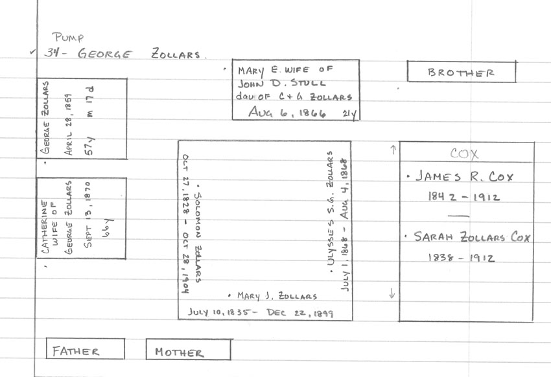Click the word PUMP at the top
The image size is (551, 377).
pos(68,37)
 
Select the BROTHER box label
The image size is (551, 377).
pos(461,73)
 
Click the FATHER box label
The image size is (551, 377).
pos(76,351)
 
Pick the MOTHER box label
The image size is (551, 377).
pos(178,352)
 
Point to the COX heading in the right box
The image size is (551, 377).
pos(464,154)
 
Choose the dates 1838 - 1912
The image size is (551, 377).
pos(462,258)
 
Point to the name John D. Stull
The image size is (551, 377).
pos(281,84)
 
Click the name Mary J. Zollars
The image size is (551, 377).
pos(277,296)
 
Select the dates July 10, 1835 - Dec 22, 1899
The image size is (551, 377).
pos(261,312)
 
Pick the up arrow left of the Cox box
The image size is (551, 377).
pos(392,150)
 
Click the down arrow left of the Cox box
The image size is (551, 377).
pos(392,293)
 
